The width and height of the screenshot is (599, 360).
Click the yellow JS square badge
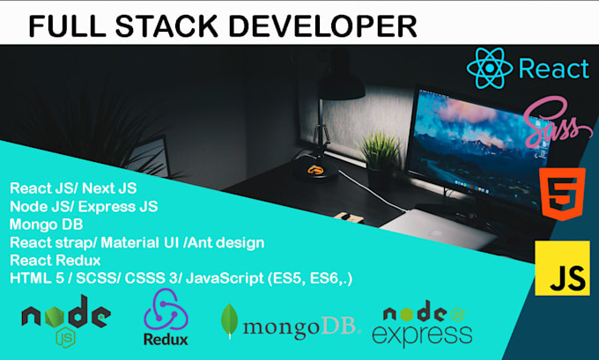[562, 268]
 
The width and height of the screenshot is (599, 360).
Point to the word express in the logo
[422, 333]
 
